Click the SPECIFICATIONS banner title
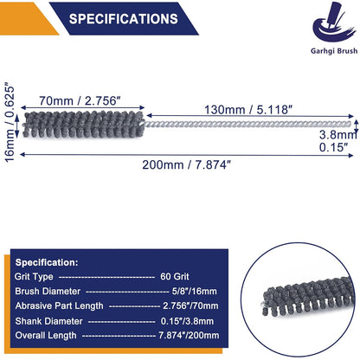[x=124, y=19]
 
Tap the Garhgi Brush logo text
[x=334, y=51]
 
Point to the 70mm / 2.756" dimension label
[x=80, y=100]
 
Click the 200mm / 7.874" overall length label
[x=187, y=164]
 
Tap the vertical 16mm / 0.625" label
[x=10, y=123]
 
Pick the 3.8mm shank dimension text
[x=337, y=134]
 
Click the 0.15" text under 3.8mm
[x=332, y=147]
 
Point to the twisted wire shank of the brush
[x=247, y=125]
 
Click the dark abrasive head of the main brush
[x=83, y=124]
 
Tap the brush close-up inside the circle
[x=308, y=296]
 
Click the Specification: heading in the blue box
[x=47, y=262]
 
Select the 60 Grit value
[x=175, y=277]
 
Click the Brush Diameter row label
[x=48, y=291]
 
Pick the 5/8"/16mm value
[x=194, y=291]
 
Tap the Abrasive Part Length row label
[x=59, y=306]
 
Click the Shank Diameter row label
[x=48, y=321]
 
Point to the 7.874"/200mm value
[x=189, y=335]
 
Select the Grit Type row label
[x=34, y=277]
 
